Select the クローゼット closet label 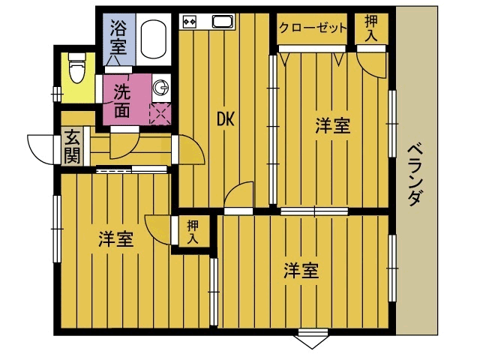pyautogui.click(x=313, y=28)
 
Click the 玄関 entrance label pyautogui.click(x=72, y=147)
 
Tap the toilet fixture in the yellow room pyautogui.click(x=76, y=71)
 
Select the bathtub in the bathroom pyautogui.click(x=154, y=39)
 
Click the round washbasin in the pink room pyautogui.click(x=160, y=88)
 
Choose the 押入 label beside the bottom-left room pyautogui.click(x=193, y=232)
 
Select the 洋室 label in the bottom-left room pyautogui.click(x=116, y=240)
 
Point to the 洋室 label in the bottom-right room pyautogui.click(x=301, y=271)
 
